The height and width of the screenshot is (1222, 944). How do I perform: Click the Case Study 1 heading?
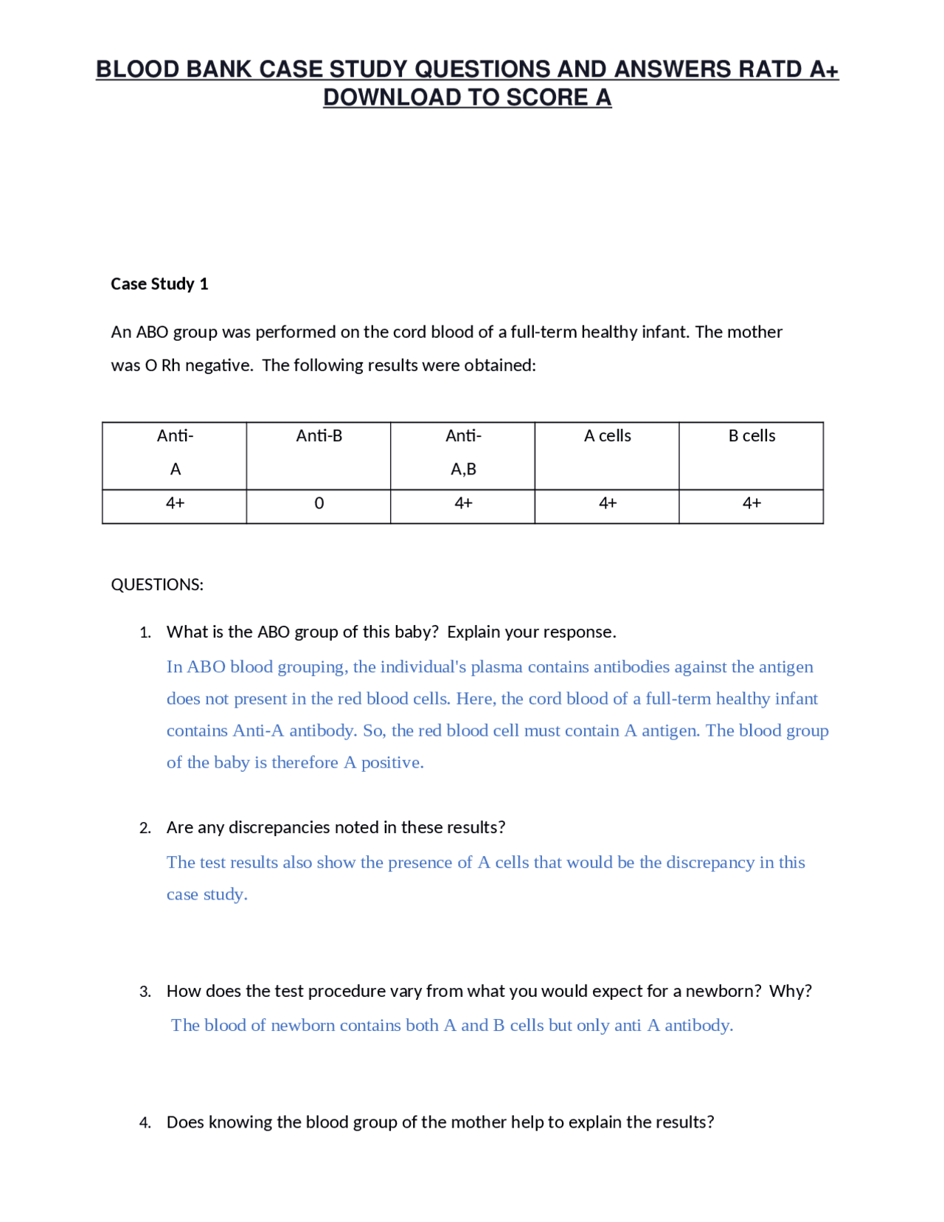(x=159, y=284)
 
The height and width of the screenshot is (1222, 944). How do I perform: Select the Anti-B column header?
(x=319, y=436)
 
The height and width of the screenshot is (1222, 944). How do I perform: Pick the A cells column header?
(x=607, y=436)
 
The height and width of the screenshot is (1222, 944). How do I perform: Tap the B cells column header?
(x=752, y=436)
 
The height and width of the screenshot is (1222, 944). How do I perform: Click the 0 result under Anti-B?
(x=319, y=503)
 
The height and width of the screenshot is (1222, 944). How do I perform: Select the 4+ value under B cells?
(x=752, y=503)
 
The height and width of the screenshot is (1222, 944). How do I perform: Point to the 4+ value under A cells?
(x=607, y=503)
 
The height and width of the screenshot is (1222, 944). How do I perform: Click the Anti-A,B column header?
(x=463, y=452)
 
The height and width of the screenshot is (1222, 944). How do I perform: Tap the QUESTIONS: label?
(x=157, y=584)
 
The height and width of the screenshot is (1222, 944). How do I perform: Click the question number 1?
(x=145, y=632)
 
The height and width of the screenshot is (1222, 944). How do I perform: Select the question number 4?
(x=145, y=1122)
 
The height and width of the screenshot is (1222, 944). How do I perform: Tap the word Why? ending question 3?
(x=790, y=991)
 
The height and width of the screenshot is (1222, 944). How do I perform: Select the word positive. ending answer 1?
(x=392, y=762)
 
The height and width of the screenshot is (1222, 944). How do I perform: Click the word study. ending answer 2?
(x=225, y=894)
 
